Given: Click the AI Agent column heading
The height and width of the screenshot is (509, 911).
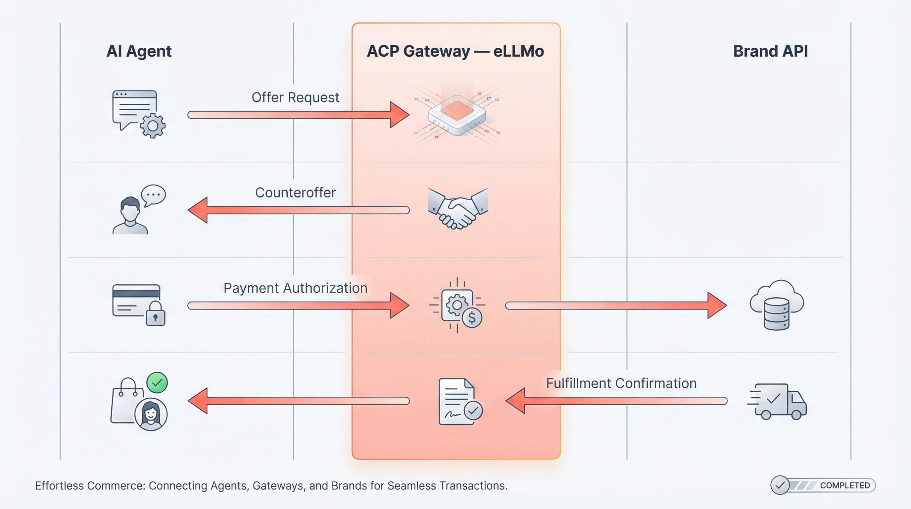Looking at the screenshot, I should [139, 51].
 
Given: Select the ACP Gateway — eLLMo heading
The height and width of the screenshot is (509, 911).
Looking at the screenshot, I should [455, 51].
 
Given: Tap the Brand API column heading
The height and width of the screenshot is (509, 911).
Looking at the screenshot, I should [770, 51].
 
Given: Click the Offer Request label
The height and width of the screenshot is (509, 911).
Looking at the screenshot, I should [295, 97].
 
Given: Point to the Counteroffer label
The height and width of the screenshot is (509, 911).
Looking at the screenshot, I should [295, 193].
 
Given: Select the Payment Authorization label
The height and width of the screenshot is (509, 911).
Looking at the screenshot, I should [295, 288].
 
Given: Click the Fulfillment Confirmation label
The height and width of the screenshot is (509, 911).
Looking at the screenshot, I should [621, 383].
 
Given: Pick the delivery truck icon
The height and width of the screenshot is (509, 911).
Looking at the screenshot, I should [778, 401].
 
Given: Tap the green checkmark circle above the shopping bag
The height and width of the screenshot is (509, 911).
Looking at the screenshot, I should [157, 383].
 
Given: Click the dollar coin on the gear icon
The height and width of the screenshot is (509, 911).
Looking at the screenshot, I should [472, 317].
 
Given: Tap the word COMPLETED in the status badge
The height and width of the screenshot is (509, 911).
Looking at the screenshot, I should [844, 485].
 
